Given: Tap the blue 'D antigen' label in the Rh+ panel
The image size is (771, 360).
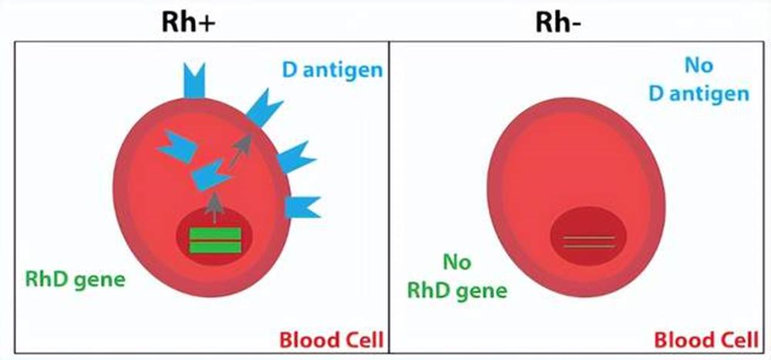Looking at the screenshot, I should click(332, 70).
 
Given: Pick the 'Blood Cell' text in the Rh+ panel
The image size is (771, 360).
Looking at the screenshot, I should click(331, 339).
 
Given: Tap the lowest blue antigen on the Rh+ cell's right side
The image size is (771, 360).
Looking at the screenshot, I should click(301, 207).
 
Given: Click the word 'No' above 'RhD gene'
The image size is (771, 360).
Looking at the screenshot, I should click(458, 263).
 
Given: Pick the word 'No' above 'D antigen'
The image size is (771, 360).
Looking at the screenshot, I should click(699, 65).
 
